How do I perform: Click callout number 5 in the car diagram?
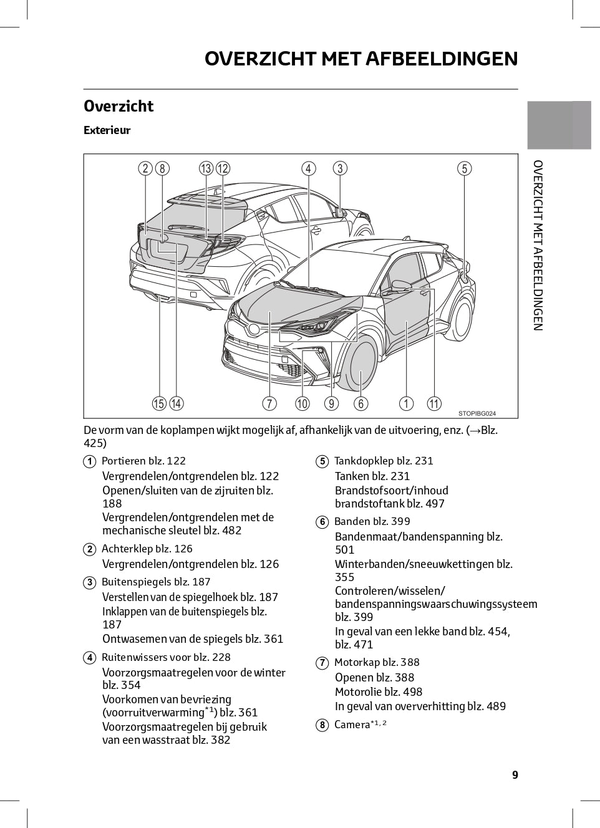coord(464,168)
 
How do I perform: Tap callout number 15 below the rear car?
coord(159,403)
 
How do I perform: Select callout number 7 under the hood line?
coord(269,403)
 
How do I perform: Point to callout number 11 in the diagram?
coord(434,403)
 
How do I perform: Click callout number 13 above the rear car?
coord(206,168)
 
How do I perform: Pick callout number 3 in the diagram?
coord(340,168)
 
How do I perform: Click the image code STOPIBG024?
coord(477,413)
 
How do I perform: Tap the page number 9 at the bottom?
coord(515,774)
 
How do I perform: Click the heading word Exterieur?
coord(107,130)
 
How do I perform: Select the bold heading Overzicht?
coord(119,107)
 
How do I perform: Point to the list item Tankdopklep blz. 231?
coord(384,461)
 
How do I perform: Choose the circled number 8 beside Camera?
coord(322,725)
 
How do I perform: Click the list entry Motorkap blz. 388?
coord(377,662)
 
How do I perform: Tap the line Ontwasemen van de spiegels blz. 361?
coord(193,638)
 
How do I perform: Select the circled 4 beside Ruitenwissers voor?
coord(89,658)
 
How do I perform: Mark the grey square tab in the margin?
coord(559,125)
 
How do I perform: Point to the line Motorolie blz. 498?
coord(379,691)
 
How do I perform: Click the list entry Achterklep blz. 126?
coord(147,549)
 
